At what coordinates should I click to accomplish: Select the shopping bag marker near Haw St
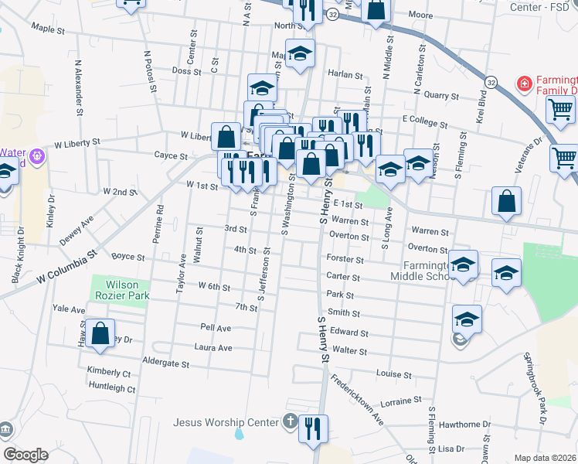[x=100, y=334]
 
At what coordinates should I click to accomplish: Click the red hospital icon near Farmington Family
[x=523, y=82]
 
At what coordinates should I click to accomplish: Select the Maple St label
[x=48, y=29]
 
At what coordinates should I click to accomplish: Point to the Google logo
[x=25, y=455]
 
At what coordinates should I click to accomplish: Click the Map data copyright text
[x=546, y=458]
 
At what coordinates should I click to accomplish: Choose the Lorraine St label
[x=399, y=402]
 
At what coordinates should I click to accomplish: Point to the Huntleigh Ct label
[x=112, y=386]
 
